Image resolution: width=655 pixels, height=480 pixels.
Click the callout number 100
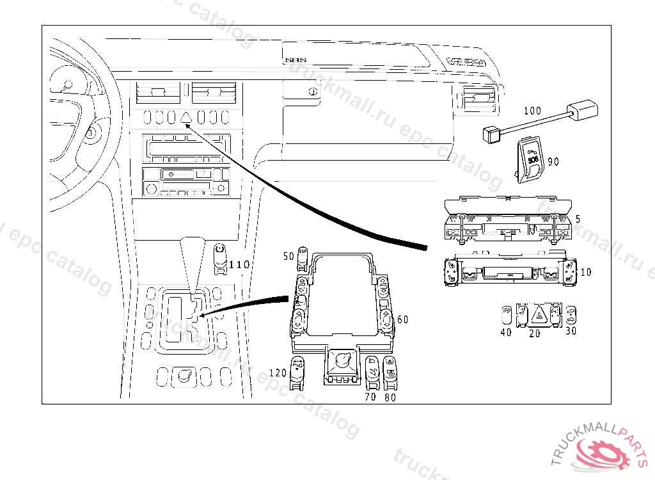click(x=532, y=111)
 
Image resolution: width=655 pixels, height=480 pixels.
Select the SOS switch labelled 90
click(x=530, y=157)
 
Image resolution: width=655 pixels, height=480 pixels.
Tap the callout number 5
click(x=578, y=219)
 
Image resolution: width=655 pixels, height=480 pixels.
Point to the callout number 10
click(x=585, y=272)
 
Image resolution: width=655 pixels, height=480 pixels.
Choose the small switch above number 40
click(x=505, y=314)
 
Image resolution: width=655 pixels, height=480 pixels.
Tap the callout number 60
click(x=402, y=319)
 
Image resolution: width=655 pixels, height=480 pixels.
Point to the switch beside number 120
click(x=297, y=372)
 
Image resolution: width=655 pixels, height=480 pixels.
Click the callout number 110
click(x=239, y=264)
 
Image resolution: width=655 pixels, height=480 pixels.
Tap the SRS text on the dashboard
click(x=296, y=61)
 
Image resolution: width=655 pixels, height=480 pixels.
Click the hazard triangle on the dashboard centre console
click(x=187, y=117)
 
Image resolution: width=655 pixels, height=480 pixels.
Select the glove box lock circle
click(x=313, y=92)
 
